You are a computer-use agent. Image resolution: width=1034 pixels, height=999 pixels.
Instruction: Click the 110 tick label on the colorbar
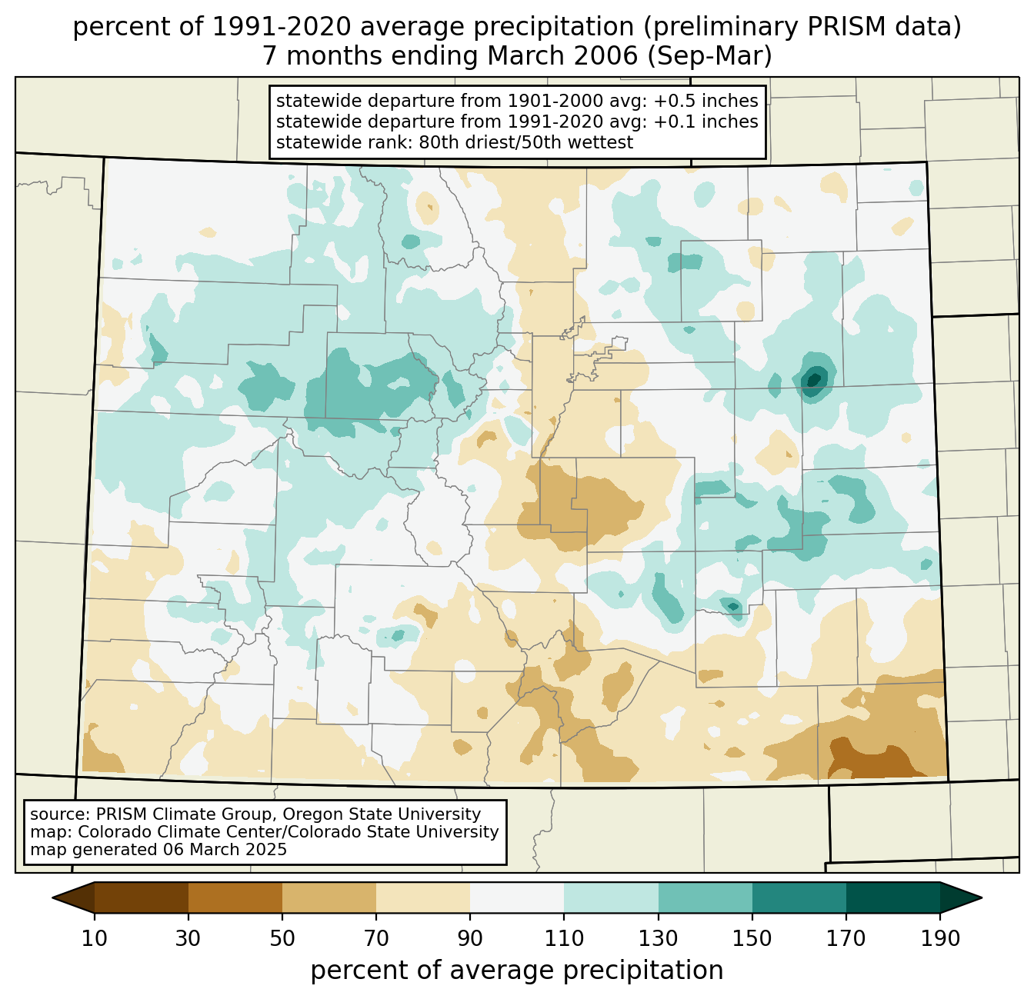[564, 939]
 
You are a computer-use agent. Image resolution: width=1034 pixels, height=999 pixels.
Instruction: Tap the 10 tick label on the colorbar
[95, 939]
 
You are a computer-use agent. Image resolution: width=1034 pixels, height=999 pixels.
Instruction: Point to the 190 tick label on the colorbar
[939, 939]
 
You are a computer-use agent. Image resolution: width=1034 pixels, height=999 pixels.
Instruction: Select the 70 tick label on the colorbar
[376, 939]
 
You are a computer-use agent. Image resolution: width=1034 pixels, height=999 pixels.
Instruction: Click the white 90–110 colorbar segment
[517, 897]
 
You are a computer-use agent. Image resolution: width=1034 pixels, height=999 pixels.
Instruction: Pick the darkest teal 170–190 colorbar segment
[892, 897]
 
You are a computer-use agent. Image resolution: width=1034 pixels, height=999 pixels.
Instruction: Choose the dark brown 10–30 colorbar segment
[142, 897]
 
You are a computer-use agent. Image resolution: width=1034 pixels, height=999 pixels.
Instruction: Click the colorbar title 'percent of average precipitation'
[517, 971]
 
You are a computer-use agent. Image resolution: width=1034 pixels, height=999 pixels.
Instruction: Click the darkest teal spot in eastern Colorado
[813, 378]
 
